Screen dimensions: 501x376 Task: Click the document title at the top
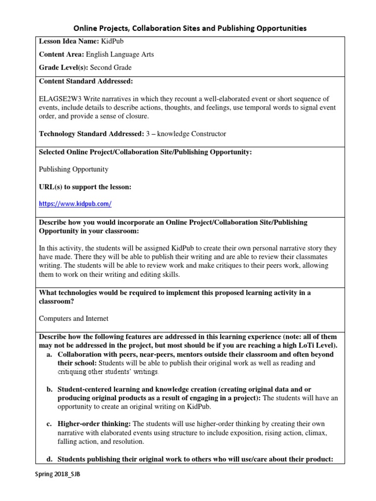pos(190,28)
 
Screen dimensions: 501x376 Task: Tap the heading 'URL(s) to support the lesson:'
pos(85,187)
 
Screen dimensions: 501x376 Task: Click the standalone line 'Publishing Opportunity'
pos(73,169)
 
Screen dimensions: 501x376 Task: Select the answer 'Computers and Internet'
pos(73,319)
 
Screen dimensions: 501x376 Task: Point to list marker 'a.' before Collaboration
pos(49,354)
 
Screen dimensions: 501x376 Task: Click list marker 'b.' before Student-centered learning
pos(49,389)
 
